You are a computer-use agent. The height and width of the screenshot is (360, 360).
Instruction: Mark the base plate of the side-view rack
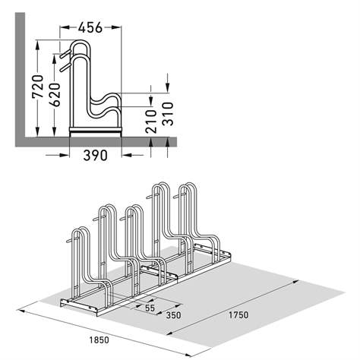[x=96, y=131]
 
